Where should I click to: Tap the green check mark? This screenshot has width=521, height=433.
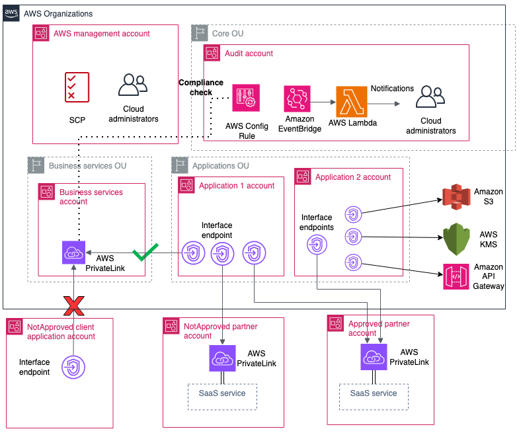tap(145, 253)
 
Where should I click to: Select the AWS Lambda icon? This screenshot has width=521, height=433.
tap(350, 100)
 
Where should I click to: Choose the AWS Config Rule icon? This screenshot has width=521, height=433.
tap(245, 98)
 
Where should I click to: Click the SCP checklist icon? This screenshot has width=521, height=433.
tap(77, 87)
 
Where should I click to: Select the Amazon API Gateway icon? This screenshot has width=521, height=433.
tap(456, 277)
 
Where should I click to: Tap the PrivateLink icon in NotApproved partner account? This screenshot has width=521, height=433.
tap(223, 358)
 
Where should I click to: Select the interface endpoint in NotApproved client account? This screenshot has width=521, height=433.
tap(73, 366)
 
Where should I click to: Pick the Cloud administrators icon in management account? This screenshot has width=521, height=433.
tap(132, 87)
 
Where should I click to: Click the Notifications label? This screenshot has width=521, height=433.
tap(392, 89)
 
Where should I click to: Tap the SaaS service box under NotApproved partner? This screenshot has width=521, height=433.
tap(222, 395)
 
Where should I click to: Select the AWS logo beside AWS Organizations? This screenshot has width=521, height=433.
tap(11, 14)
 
